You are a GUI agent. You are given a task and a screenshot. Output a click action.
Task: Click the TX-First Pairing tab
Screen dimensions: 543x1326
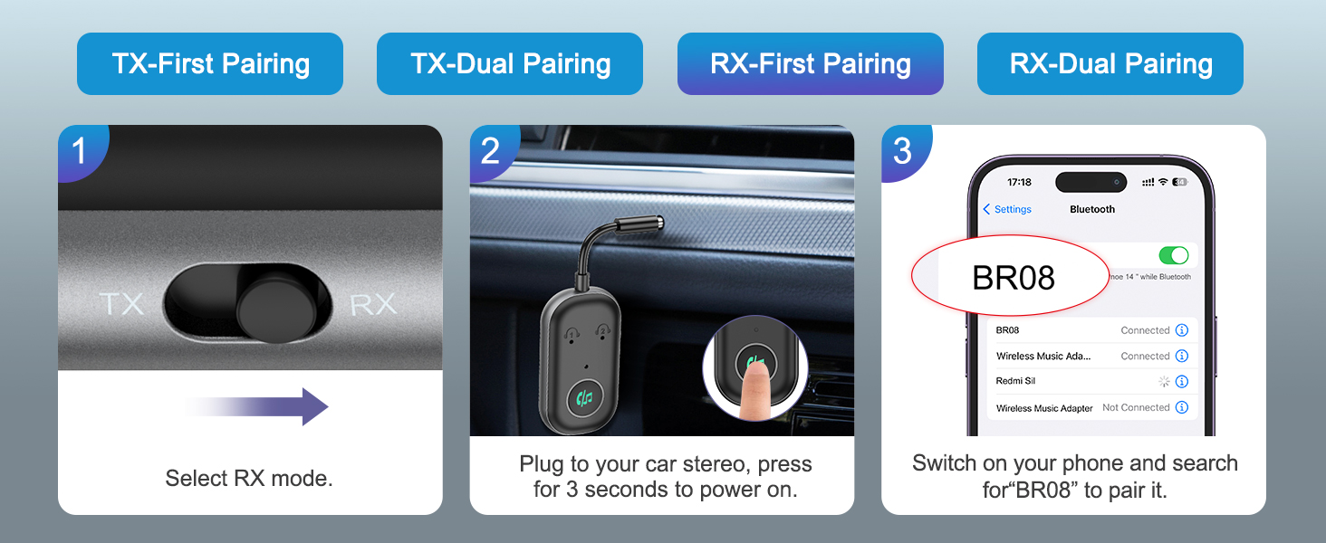(x=210, y=64)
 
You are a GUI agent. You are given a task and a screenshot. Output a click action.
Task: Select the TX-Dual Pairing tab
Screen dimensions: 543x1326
(x=510, y=64)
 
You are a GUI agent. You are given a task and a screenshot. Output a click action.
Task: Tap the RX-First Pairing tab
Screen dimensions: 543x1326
(x=810, y=64)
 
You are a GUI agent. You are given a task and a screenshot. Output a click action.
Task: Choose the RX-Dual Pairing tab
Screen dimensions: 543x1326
(x=1110, y=64)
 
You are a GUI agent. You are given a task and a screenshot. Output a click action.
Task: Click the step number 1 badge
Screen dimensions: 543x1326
(x=80, y=150)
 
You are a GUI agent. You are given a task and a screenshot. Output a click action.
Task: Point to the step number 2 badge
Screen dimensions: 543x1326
(x=490, y=150)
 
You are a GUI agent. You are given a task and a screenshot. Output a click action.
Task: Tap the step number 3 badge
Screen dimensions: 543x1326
(x=902, y=150)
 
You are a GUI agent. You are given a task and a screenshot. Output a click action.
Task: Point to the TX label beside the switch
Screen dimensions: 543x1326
(x=121, y=304)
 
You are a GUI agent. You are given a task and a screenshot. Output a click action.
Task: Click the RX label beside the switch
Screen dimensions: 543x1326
(x=372, y=304)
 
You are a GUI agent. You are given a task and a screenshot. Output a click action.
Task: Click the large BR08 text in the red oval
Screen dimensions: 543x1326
(x=1013, y=278)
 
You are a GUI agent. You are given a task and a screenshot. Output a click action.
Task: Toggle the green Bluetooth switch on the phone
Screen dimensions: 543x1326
(x=1173, y=255)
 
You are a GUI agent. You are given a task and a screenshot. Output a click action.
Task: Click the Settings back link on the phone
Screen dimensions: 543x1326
(x=1007, y=209)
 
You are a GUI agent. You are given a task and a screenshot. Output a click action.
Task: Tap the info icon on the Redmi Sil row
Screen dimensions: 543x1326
(x=1181, y=382)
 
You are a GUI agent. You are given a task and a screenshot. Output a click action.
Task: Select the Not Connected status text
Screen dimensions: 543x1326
(x=1136, y=408)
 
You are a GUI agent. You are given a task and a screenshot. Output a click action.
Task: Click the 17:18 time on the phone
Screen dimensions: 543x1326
(x=1019, y=182)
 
